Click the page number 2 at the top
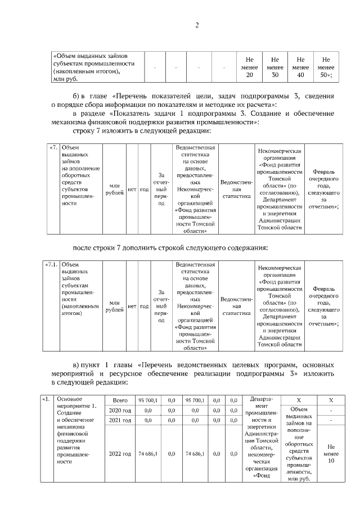[197, 25]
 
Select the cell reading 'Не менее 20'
[249, 67]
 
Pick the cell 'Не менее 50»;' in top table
[326, 67]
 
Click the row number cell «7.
[53, 148]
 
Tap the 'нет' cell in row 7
[133, 190]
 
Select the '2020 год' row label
[121, 411]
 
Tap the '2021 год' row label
[121, 421]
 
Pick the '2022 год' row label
[121, 453]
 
